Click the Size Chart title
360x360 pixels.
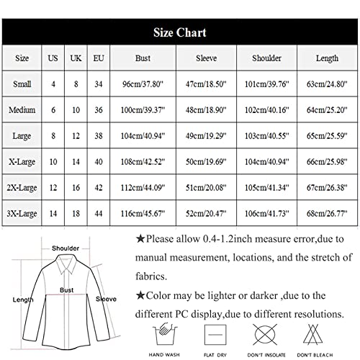click(x=179, y=32)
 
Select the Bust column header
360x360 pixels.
click(x=143, y=58)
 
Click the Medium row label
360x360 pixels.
click(x=22, y=110)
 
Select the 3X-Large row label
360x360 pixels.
click(x=22, y=214)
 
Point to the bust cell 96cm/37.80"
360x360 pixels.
click(x=143, y=84)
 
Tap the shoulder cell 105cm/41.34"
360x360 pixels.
click(x=267, y=188)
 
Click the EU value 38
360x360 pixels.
click(x=99, y=136)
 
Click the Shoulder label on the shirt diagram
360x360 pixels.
click(x=66, y=248)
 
